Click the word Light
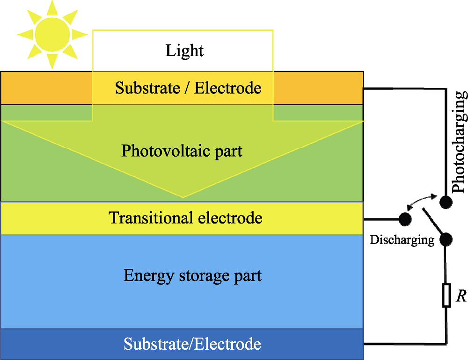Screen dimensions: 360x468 pyautogui.click(x=185, y=50)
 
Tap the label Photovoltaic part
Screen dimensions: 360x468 pyautogui.click(x=182, y=151)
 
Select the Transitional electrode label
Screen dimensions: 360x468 pyautogui.click(x=186, y=218)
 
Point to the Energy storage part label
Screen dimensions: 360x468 pyautogui.click(x=192, y=275)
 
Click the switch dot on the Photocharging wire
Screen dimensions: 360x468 pyautogui.click(x=446, y=201)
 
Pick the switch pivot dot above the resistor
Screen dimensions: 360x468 pyautogui.click(x=446, y=239)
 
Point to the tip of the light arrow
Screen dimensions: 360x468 pyautogui.click(x=183, y=196)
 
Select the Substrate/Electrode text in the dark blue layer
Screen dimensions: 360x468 pyautogui.click(x=192, y=344)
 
